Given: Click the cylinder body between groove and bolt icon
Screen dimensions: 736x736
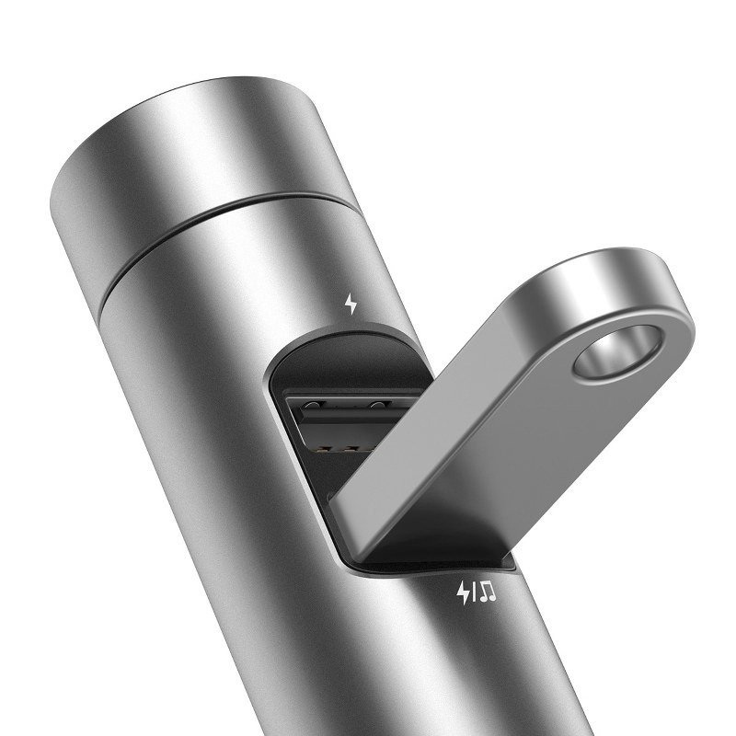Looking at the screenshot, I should click(x=276, y=285).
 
